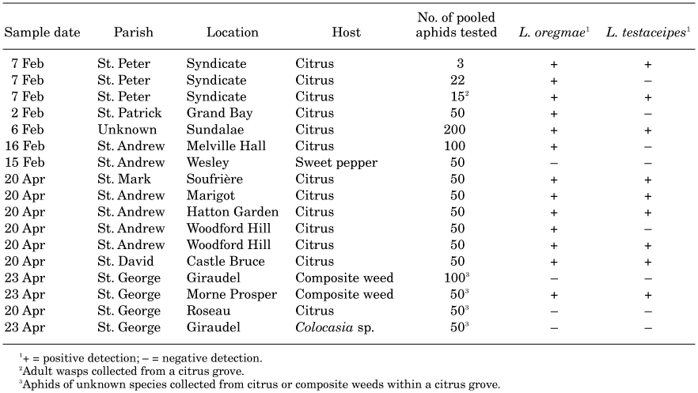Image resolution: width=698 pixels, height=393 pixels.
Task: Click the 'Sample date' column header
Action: [42, 32]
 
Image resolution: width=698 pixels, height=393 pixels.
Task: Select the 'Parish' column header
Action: [133, 32]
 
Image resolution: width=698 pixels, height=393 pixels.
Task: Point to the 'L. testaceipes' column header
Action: [647, 32]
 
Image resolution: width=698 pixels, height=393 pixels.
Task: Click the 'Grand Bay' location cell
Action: [219, 113]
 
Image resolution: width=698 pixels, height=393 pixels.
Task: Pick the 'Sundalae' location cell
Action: [215, 130]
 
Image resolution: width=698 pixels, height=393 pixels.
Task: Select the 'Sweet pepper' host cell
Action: [336, 163]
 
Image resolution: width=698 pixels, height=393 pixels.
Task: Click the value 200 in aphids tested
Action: [454, 130]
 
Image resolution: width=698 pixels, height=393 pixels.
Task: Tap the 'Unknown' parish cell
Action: [127, 130]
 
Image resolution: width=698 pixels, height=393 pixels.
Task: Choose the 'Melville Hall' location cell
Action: [226, 145]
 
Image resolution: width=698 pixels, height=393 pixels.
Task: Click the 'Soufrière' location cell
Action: [214, 179]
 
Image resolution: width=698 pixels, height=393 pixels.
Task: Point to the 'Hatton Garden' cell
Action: [233, 212]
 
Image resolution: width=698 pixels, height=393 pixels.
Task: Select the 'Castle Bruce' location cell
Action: [226, 261]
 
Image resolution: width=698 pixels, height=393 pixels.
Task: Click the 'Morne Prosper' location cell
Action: [231, 294]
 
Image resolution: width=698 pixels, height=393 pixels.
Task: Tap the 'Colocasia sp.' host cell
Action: [335, 327]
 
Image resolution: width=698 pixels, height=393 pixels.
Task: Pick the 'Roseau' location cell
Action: [208, 311]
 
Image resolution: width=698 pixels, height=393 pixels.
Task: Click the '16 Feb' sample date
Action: [25, 145]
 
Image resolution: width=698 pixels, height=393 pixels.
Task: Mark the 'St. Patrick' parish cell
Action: [130, 113]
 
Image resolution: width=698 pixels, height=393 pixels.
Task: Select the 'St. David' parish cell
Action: [126, 261]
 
